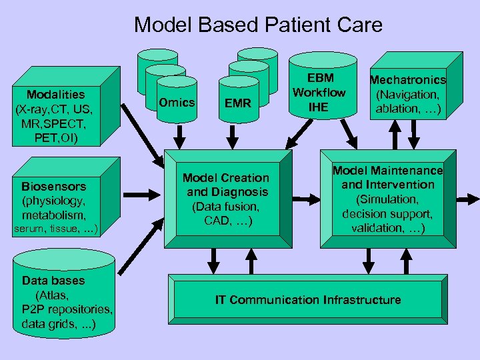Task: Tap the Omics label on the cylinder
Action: pyautogui.click(x=177, y=102)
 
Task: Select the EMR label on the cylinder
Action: pyautogui.click(x=238, y=103)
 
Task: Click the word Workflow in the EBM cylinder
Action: pyautogui.click(x=319, y=92)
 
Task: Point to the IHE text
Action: pyautogui.click(x=319, y=106)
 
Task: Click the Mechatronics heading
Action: pyautogui.click(x=408, y=80)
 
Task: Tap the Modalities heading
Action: pyautogui.click(x=56, y=94)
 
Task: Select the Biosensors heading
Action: pyautogui.click(x=53, y=186)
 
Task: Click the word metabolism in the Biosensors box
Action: pyautogui.click(x=54, y=215)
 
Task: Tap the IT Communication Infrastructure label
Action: pyautogui.click(x=307, y=300)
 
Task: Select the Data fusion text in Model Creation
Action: pyautogui.click(x=226, y=207)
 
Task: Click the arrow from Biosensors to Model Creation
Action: pyautogui.click(x=139, y=195)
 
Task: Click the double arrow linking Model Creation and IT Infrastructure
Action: pyautogui.click(x=215, y=257)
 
